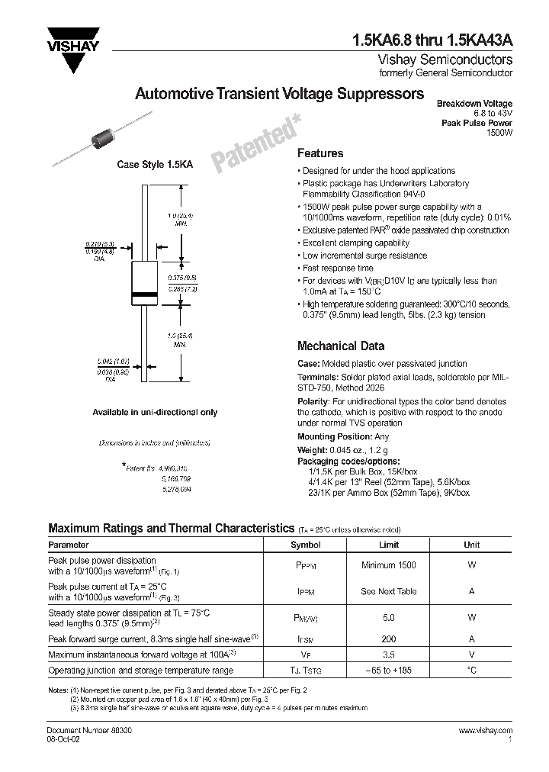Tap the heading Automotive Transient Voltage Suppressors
[x=279, y=94]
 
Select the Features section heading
[x=319, y=153]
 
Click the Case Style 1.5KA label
[x=149, y=165]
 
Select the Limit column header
[x=389, y=545]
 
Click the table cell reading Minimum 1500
[x=389, y=565]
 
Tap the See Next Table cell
[x=389, y=590]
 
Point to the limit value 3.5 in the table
[x=389, y=654]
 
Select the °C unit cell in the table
[x=472, y=670]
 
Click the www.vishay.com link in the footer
[x=486, y=731]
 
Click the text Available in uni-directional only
[x=155, y=412]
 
